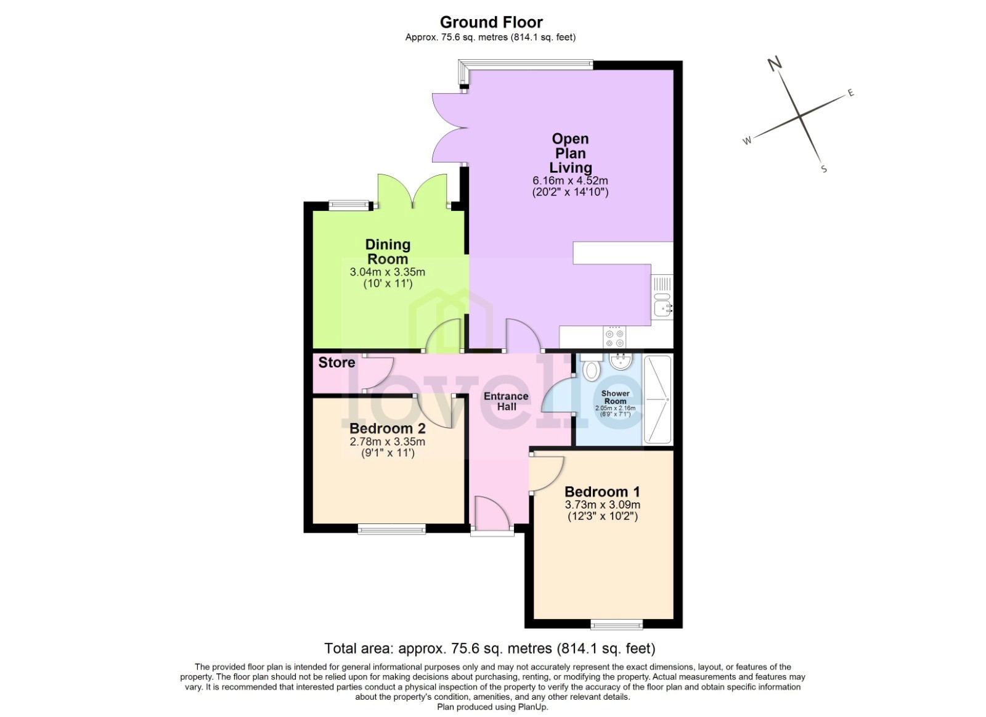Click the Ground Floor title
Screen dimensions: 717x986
click(491, 22)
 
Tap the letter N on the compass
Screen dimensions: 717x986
click(775, 63)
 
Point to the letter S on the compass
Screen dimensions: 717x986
click(824, 170)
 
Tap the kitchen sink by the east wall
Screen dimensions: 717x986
click(662, 306)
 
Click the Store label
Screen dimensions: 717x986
click(336, 363)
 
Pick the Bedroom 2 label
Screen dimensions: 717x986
click(387, 428)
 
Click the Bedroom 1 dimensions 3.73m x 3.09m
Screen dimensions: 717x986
click(602, 504)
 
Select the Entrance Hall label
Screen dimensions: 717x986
click(506, 401)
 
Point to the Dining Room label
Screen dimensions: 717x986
click(388, 252)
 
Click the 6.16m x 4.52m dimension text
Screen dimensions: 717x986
click(570, 181)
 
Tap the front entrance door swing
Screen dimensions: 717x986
click(491, 513)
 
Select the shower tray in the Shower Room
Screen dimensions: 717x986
click(657, 399)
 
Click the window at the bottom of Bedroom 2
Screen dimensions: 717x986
click(391, 528)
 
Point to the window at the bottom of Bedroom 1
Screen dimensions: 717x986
click(617, 625)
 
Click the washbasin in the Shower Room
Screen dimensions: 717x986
click(619, 361)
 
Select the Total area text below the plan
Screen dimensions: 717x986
click(490, 649)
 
